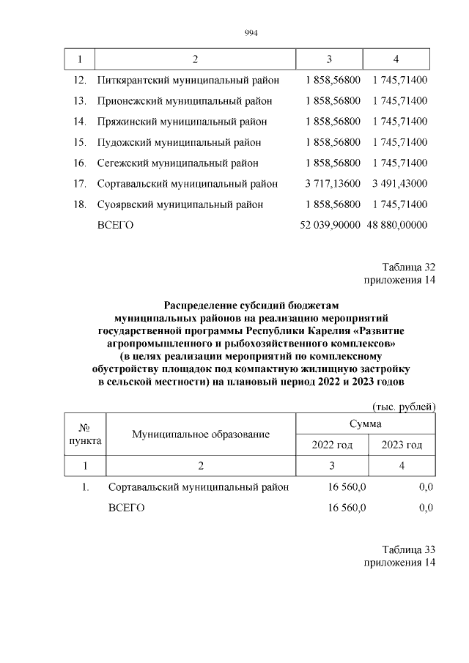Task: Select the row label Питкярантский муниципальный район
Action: (x=187, y=79)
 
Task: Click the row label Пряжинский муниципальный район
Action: (x=182, y=122)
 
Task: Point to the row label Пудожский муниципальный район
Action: (x=179, y=142)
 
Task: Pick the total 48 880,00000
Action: (x=398, y=226)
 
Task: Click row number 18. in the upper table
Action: (x=81, y=204)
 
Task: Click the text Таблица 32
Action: (x=409, y=267)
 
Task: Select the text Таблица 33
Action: (x=409, y=549)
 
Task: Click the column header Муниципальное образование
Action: (x=201, y=434)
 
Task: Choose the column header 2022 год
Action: (x=332, y=445)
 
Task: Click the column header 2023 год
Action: (x=402, y=445)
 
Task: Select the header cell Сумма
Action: (x=366, y=423)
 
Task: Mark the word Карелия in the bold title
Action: (x=335, y=330)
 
